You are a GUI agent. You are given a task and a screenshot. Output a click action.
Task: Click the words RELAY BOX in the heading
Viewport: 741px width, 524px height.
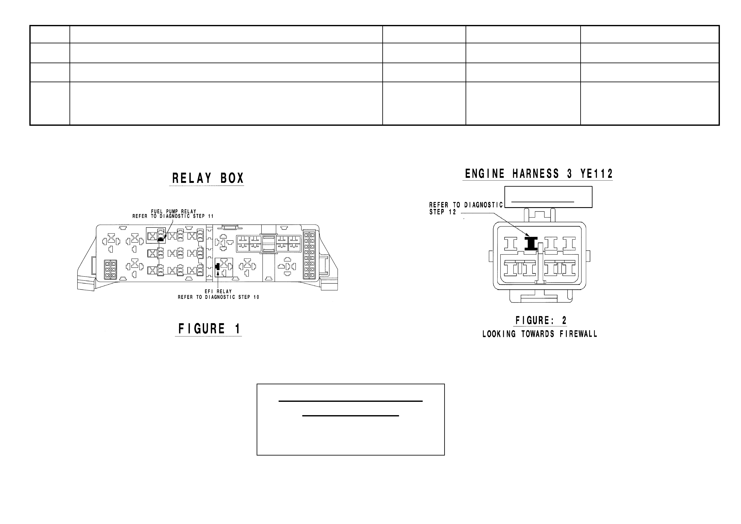pos(208,178)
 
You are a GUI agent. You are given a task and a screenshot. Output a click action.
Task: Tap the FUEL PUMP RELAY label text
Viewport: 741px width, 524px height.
pos(174,211)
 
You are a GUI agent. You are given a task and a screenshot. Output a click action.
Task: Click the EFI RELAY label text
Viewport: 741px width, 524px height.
pos(218,291)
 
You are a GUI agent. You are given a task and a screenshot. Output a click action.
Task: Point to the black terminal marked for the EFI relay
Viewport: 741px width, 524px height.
pos(217,266)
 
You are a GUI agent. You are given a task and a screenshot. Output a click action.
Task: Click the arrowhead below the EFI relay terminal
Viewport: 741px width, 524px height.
pos(218,273)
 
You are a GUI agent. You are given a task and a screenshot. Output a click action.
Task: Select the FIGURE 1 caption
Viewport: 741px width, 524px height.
pos(210,329)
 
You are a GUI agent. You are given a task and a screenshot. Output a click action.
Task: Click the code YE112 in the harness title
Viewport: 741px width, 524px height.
pos(597,174)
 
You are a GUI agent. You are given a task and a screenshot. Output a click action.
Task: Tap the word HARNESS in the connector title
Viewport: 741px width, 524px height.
pos(536,174)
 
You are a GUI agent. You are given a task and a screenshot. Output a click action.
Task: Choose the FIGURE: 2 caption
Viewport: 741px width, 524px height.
pos(541,321)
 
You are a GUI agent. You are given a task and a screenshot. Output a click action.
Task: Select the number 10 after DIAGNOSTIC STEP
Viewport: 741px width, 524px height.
pos(256,297)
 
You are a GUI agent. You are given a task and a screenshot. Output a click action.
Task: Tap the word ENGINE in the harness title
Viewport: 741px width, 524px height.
pos(485,174)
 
